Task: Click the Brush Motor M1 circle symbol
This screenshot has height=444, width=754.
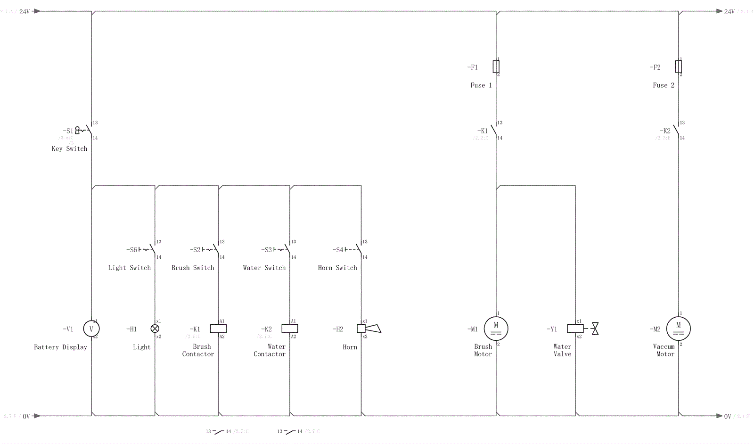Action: [x=496, y=329]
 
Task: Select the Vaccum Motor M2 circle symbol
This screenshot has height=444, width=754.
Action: [x=679, y=329]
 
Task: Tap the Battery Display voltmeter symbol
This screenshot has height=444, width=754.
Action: [x=91, y=329]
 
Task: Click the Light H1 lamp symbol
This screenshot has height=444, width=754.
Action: [x=155, y=329]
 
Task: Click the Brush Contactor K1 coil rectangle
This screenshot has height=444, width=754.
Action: [x=218, y=329]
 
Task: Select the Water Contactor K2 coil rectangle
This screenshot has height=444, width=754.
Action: [x=290, y=329]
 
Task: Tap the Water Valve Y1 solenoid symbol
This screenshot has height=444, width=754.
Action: [x=575, y=329]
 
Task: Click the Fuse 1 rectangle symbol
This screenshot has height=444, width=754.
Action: [x=496, y=67]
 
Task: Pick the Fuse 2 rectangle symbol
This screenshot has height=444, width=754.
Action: [x=679, y=67]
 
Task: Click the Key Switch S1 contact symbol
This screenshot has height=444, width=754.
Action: [x=88, y=130]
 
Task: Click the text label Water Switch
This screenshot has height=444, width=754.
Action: [x=264, y=268]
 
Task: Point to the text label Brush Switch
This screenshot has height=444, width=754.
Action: [x=193, y=268]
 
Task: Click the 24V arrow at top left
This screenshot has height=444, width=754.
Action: [x=36, y=11]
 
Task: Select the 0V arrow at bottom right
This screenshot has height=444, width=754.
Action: [x=719, y=416]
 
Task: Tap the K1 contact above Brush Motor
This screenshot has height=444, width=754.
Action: [x=493, y=130]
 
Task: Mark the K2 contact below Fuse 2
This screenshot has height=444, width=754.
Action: [x=676, y=130]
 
